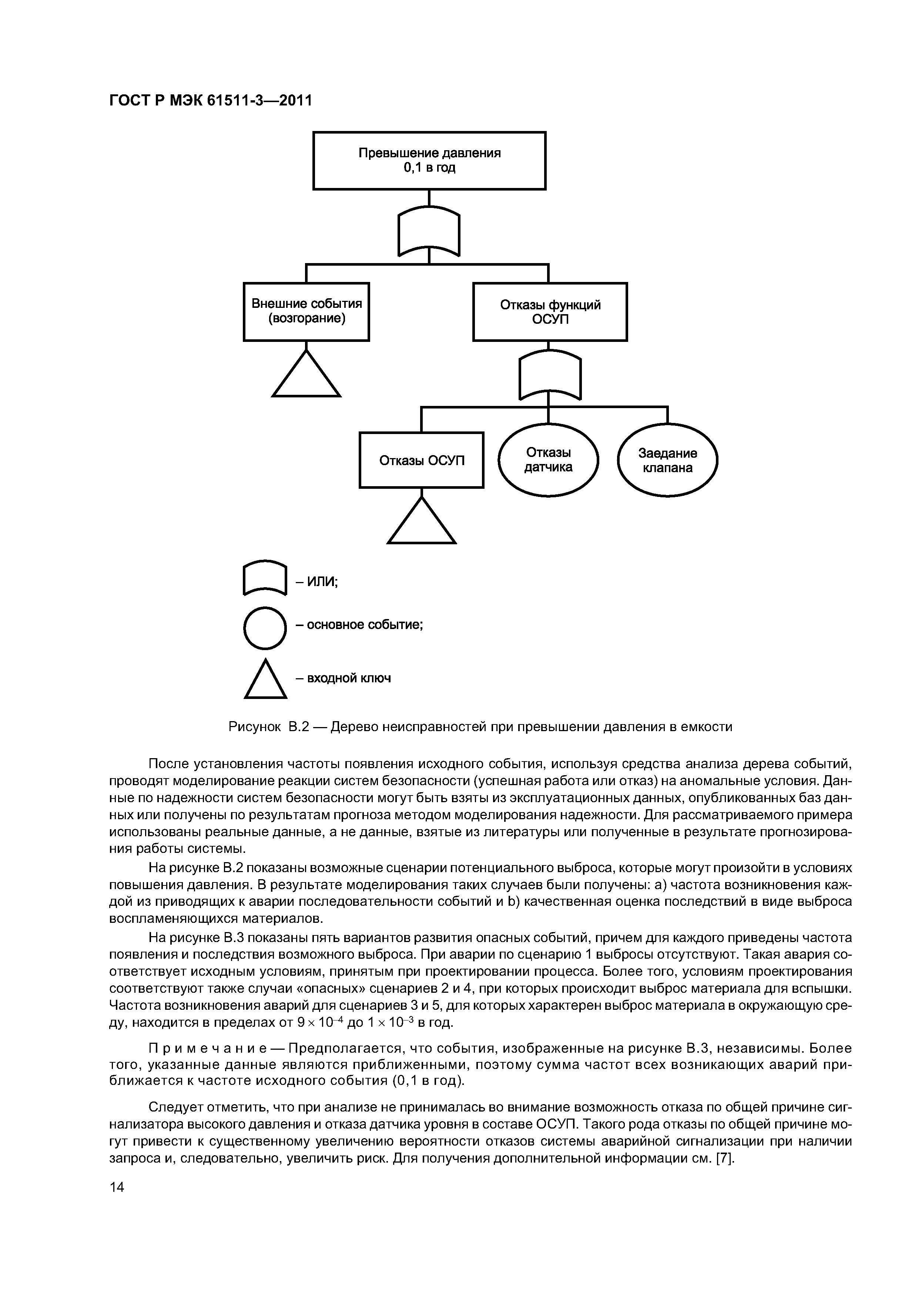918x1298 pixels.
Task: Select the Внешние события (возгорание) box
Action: click(x=306, y=312)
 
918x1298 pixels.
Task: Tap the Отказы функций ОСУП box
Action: click(x=550, y=312)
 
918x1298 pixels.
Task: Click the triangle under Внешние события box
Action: click(x=306, y=377)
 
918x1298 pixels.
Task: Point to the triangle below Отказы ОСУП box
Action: click(x=421, y=523)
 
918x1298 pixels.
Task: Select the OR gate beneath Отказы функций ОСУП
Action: click(x=550, y=376)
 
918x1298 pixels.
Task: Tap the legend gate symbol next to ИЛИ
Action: click(x=265, y=577)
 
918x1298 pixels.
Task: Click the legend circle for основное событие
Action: click(x=265, y=628)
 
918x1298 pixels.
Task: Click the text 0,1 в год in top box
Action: click(x=429, y=168)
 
